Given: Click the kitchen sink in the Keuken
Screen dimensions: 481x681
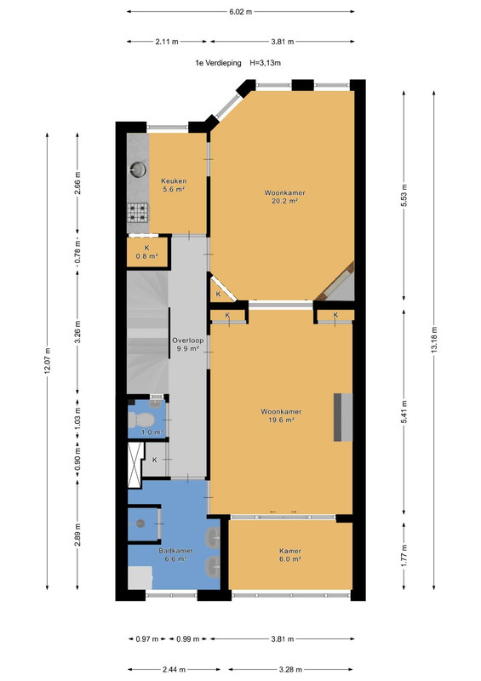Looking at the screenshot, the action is point(138,169).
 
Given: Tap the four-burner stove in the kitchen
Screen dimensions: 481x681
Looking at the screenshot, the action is point(138,213).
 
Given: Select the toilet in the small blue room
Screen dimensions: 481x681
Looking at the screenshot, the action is point(140,420).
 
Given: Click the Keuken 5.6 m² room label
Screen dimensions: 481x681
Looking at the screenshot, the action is point(174,185).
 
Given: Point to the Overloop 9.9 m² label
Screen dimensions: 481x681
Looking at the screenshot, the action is point(187,345).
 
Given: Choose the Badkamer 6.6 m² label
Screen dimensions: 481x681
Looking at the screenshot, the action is point(175,555).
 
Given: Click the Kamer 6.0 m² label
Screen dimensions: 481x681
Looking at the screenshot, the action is point(290,555).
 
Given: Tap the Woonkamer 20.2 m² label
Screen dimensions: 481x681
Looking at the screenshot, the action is point(284,197).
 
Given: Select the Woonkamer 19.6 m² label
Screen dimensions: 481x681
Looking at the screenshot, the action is point(281,415).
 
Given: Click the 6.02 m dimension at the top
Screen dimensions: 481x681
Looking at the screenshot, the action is point(241,12).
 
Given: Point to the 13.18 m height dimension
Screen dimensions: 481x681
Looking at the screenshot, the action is point(433,340).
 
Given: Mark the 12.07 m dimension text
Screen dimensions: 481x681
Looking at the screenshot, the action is point(48,361).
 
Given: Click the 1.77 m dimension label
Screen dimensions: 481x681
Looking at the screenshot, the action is point(404,556).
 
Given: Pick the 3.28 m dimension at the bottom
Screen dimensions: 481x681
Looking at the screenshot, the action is point(290,669).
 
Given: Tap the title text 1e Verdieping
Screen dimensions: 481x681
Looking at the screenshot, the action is point(218,63).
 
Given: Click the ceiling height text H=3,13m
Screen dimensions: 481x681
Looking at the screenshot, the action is point(265,63).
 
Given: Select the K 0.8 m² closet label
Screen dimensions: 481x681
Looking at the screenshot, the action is point(147,252).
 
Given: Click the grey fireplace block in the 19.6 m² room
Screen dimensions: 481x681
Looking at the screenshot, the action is point(343,417).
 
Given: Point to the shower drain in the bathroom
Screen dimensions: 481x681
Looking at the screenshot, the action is point(140,524).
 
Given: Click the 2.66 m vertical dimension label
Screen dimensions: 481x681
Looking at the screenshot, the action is point(77,183).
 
